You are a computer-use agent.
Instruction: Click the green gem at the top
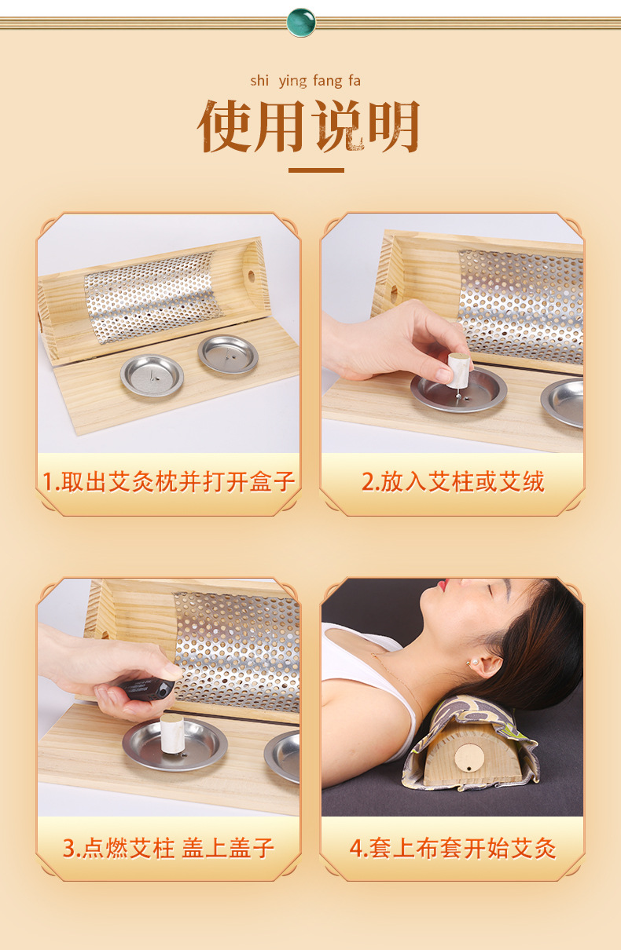(301, 22)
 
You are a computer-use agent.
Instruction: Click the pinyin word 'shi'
(259, 81)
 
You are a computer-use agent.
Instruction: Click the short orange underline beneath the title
(315, 170)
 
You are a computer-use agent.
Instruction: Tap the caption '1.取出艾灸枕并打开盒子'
(168, 481)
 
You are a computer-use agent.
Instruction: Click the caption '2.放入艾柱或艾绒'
(452, 481)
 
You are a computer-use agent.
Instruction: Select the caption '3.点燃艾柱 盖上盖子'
(168, 848)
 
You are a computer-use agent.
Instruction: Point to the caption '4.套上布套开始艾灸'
(452, 848)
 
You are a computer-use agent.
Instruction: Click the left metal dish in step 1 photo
(152, 375)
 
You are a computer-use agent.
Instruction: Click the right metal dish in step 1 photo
(228, 354)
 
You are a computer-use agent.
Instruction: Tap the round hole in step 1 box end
(252, 277)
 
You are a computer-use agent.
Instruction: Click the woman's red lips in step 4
(445, 586)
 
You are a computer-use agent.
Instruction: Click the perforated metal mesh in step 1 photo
(153, 294)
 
